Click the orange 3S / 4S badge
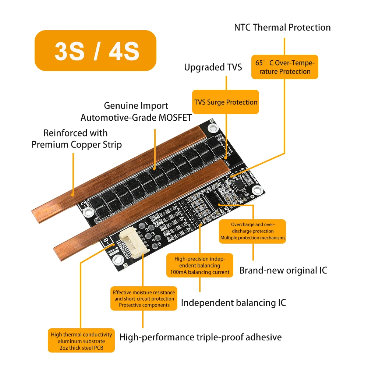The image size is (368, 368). click(x=95, y=51)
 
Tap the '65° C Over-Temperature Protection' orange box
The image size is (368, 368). click(x=284, y=67)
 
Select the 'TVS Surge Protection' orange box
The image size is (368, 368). click(x=226, y=102)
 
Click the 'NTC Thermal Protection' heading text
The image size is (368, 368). click(x=282, y=28)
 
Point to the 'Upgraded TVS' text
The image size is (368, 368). click(x=213, y=67)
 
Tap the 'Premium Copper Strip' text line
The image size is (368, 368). click(x=77, y=145)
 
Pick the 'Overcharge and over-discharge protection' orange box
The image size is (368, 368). click(x=252, y=231)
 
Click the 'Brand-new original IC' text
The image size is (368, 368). click(x=283, y=270)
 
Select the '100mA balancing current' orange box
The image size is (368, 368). click(x=200, y=265)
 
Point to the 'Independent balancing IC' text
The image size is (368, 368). click(x=233, y=303)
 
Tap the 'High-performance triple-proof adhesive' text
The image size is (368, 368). click(x=201, y=337)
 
